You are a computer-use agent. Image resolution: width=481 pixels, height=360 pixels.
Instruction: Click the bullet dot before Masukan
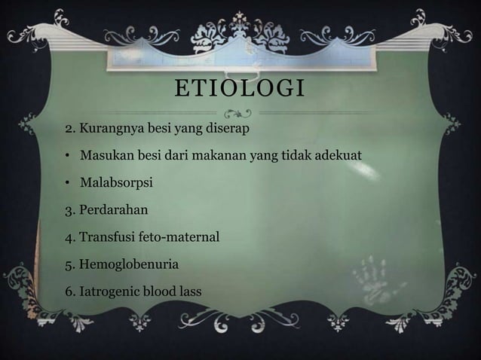(x=67, y=156)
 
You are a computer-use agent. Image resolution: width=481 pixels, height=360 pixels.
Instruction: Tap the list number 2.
(x=68, y=128)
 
